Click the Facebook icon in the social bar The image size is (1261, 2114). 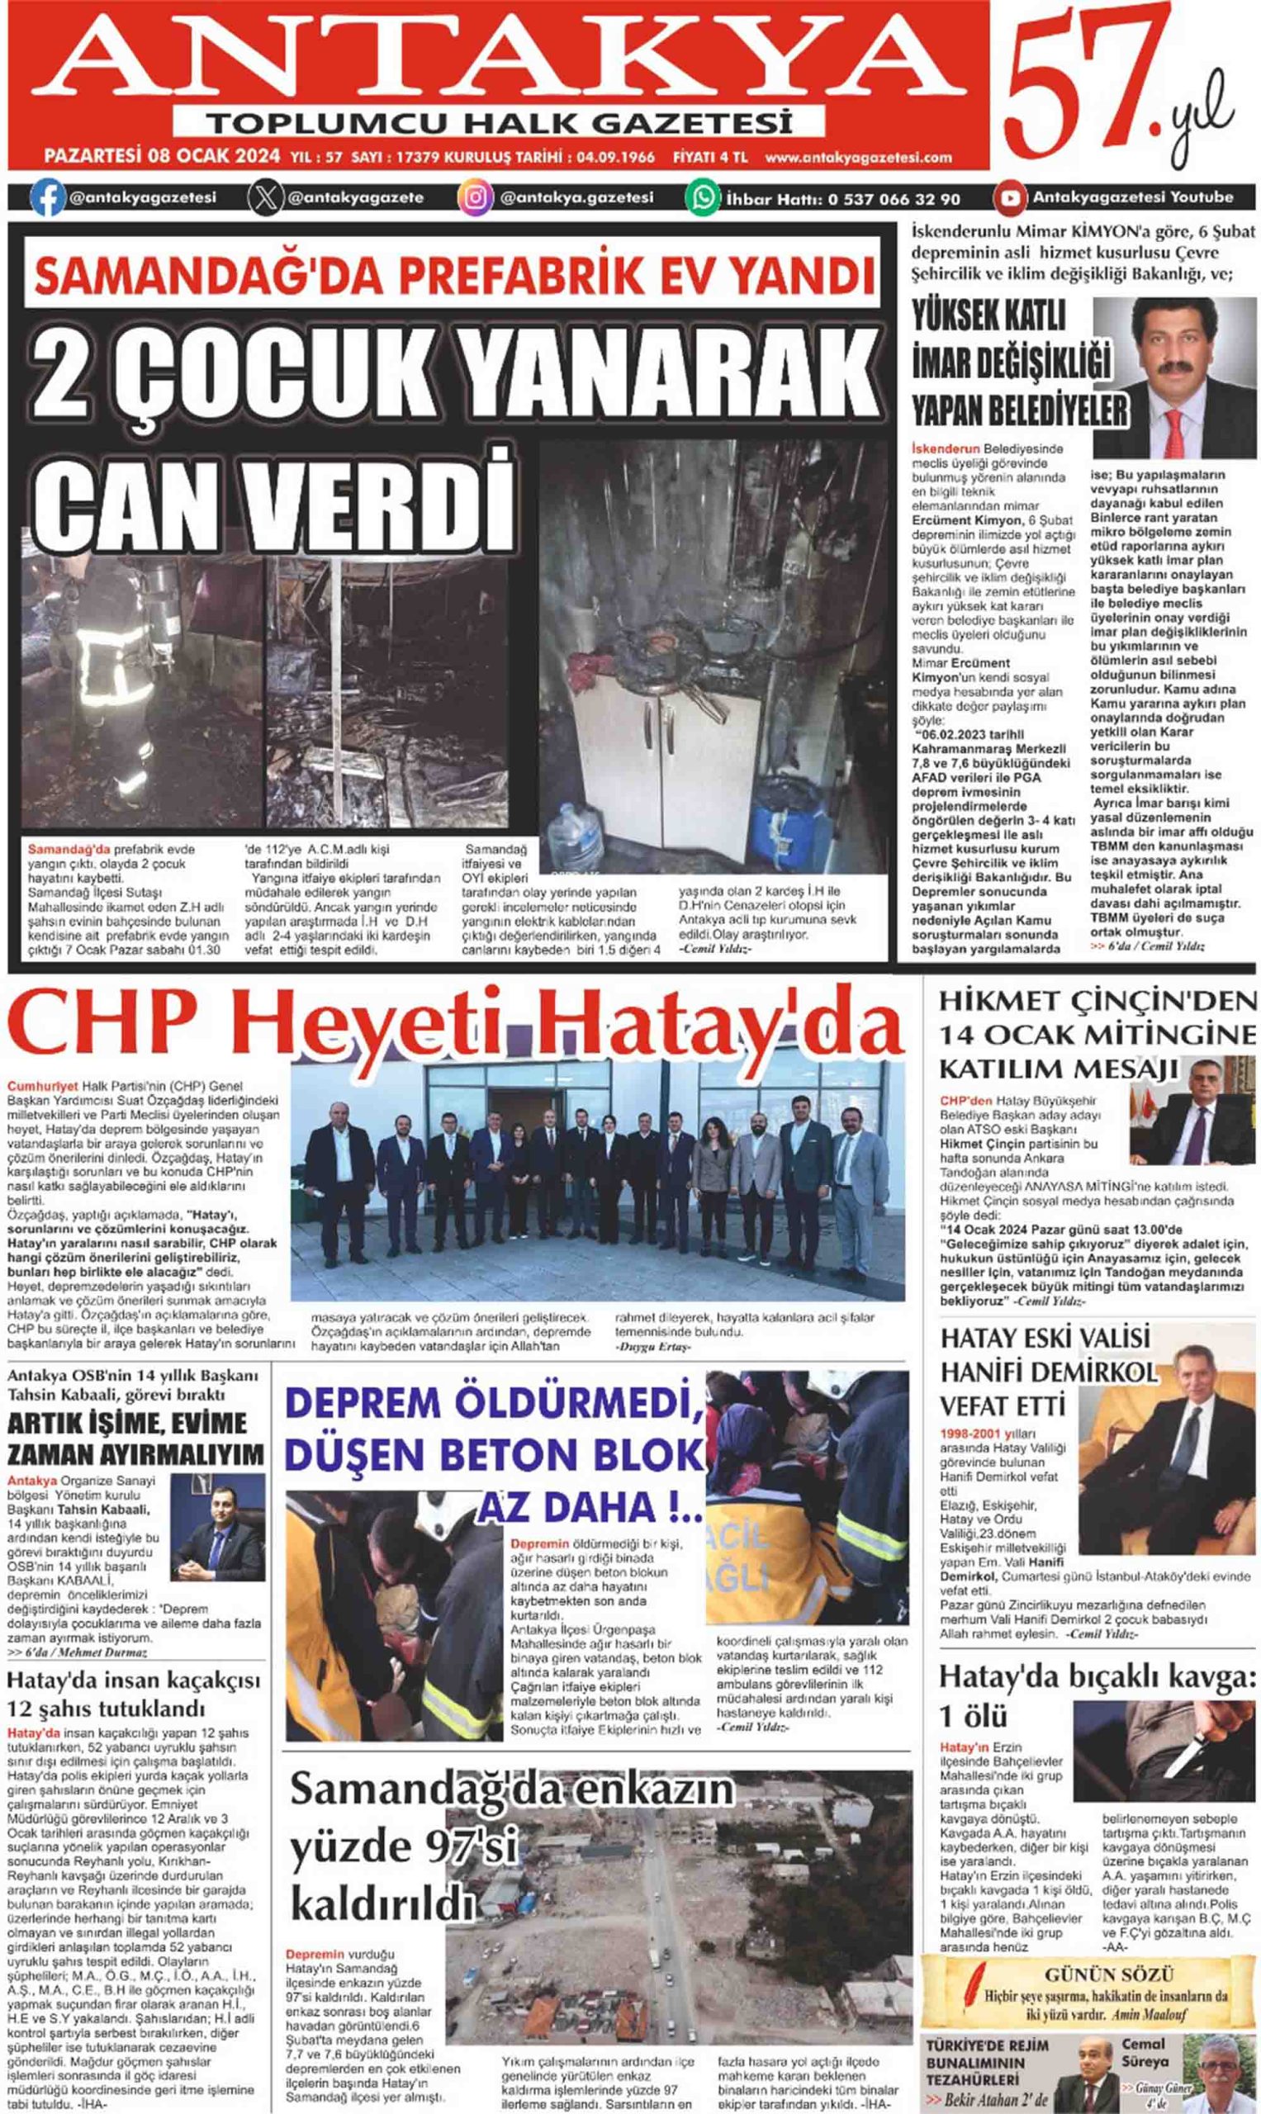(x=48, y=198)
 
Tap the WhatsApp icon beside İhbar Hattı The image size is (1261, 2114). (x=703, y=198)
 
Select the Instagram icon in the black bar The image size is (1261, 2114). (x=476, y=198)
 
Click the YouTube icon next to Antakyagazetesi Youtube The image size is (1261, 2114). (x=1009, y=198)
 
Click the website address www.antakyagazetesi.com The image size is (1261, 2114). (x=858, y=157)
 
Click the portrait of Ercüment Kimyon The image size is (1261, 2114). (x=1173, y=377)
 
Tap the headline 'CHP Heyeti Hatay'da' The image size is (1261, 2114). (x=455, y=1025)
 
